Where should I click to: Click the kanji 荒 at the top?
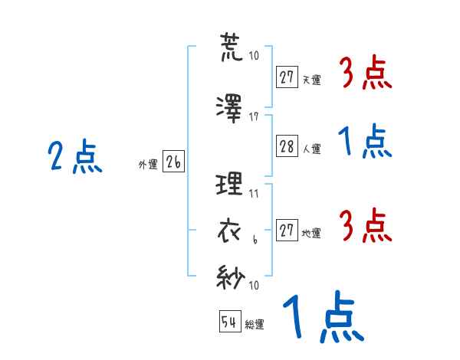232,47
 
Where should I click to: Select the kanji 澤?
229,109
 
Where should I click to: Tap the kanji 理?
229,184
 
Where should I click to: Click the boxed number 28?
287,146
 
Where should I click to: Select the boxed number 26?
173,162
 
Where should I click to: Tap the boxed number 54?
230,321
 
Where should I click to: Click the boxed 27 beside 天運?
287,77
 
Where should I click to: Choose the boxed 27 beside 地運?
287,230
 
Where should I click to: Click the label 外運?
148,165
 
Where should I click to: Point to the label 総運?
255,325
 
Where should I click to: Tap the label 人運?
312,149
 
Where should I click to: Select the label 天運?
312,80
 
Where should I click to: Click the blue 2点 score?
75,155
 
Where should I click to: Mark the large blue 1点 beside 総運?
324,316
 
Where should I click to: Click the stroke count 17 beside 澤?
254,117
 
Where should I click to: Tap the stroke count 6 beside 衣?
255,240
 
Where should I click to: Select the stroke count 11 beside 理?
254,194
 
